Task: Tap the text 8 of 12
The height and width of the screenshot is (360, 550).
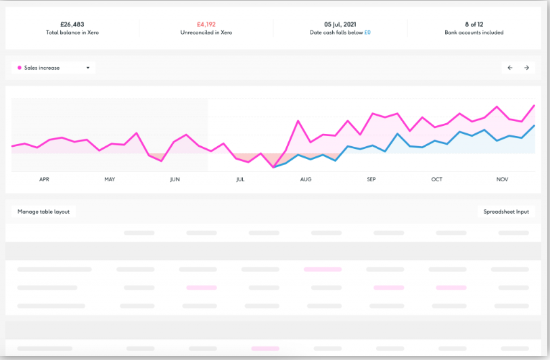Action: tap(474, 24)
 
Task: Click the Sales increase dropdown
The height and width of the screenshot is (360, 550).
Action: tap(54, 68)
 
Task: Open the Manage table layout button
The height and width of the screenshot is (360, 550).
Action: tap(44, 212)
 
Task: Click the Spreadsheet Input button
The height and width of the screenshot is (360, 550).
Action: tap(506, 212)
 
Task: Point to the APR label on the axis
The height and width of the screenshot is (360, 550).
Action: tap(45, 179)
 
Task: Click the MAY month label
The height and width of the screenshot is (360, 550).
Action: tap(110, 179)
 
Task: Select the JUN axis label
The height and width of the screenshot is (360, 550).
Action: tap(175, 179)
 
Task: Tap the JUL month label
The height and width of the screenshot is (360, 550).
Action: tap(240, 179)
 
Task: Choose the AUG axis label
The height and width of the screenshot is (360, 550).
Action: tap(306, 179)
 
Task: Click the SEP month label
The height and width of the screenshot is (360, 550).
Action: tap(371, 179)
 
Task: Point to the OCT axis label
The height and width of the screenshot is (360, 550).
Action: tap(436, 179)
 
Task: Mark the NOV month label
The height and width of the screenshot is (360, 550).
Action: tap(502, 179)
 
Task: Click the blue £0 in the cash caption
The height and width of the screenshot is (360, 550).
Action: tap(368, 32)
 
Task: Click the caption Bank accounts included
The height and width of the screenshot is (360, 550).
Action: tap(474, 32)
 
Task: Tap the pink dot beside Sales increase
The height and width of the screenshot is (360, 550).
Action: tap(19, 68)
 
